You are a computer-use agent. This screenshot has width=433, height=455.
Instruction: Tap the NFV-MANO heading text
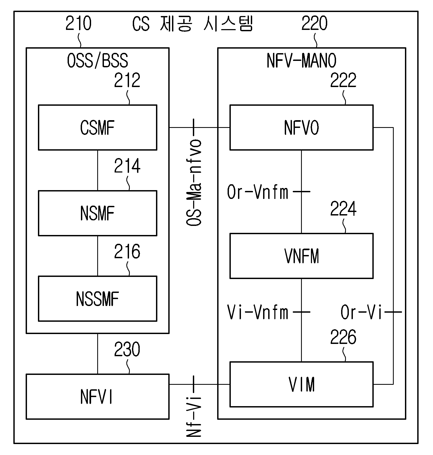point(302,61)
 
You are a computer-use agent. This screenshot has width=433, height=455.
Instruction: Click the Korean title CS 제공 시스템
point(192,24)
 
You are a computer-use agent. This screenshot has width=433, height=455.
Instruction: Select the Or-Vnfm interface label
point(258,192)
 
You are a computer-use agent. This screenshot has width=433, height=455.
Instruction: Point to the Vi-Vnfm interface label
point(258,312)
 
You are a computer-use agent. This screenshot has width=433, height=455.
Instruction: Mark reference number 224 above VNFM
point(343,209)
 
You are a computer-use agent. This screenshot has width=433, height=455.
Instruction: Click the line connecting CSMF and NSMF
point(97,170)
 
